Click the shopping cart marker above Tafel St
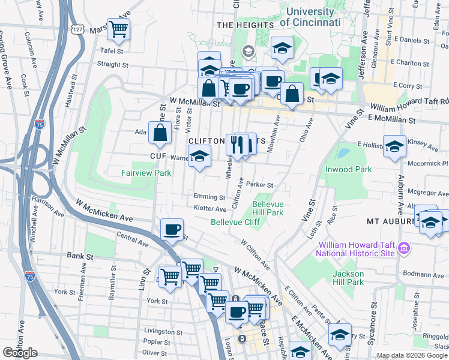click(x=119, y=28)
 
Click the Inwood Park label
click(x=348, y=169)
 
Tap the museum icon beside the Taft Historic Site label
click(x=404, y=248)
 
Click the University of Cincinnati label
click(x=310, y=17)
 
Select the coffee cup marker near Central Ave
click(x=172, y=229)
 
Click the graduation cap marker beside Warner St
click(x=199, y=157)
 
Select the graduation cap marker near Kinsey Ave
click(x=394, y=146)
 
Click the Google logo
click(x=20, y=353)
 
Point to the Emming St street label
click(x=209, y=197)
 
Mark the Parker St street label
click(x=259, y=185)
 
